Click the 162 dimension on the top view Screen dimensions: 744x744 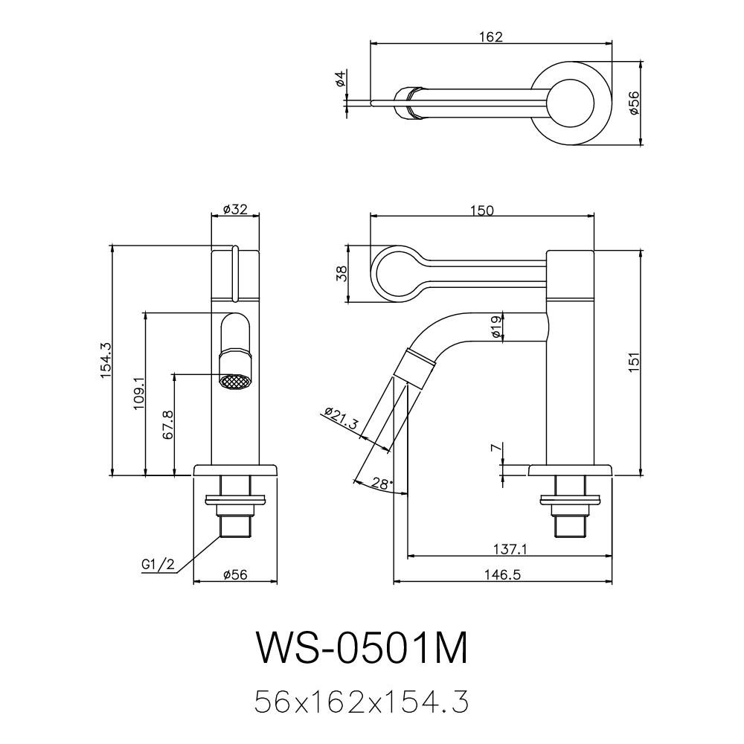491,37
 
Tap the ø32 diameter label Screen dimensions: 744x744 235,210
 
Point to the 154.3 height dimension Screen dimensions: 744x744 105,362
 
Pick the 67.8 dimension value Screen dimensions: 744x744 168,424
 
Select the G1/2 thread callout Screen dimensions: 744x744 158,565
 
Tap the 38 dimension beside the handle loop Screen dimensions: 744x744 341,274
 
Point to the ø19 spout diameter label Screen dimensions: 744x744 496,325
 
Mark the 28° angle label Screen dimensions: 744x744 382,484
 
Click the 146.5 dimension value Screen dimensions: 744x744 502,574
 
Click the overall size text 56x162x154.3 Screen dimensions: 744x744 362,701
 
